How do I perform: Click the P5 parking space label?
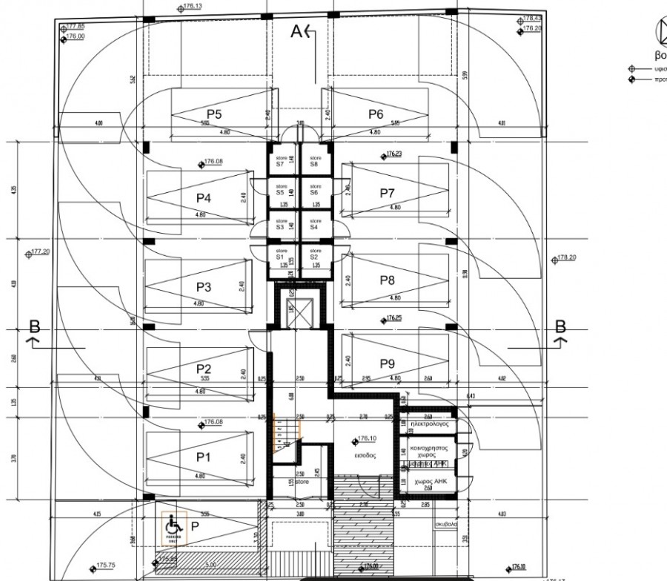tap(214, 114)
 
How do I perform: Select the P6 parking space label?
tap(376, 114)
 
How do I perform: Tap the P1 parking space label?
tap(204, 457)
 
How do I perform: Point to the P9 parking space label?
tap(388, 364)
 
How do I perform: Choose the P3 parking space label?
tap(204, 286)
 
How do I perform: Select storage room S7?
tap(280, 161)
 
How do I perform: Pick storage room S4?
tap(313, 225)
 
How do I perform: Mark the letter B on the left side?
tap(33, 326)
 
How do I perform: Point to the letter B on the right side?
tap(561, 326)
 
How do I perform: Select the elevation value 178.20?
tap(567, 257)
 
